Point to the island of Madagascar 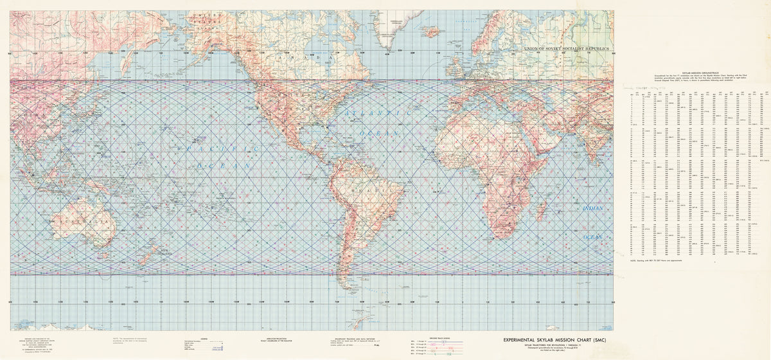point(542,209)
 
